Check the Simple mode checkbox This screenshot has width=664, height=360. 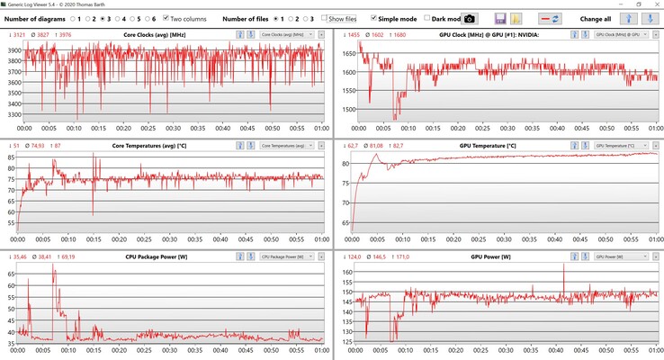coord(373,18)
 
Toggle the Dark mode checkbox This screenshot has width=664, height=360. coord(428,18)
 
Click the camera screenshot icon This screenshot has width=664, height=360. coord(470,18)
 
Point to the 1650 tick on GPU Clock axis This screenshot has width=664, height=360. coord(345,54)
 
